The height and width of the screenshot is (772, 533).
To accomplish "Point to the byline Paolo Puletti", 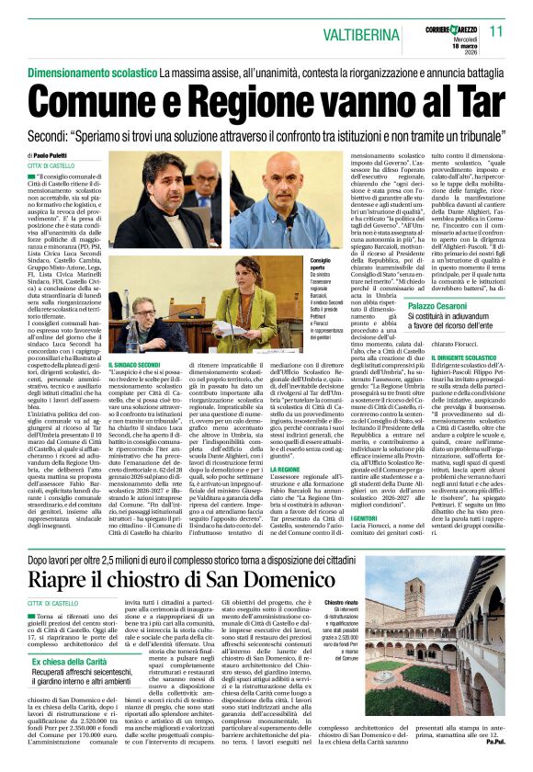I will (57, 156).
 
